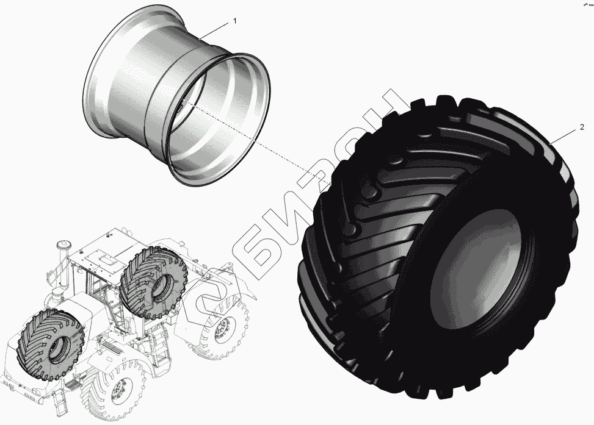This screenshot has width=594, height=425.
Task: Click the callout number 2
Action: coord(582,127)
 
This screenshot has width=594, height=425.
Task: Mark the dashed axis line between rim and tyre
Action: coord(256,140)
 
